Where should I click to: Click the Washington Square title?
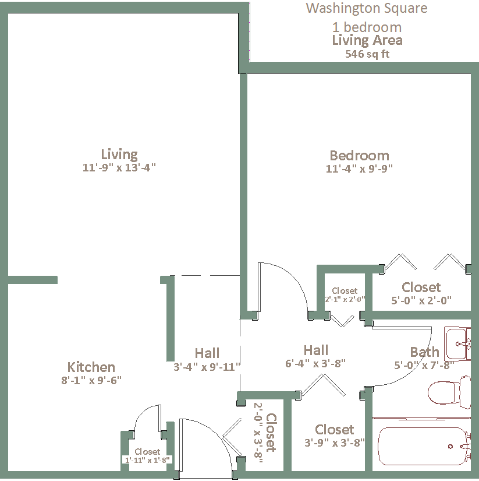pos(367,9)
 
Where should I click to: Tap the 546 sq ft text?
pos(367,54)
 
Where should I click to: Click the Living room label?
pos(119,155)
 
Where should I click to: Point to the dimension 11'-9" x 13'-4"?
pos(119,168)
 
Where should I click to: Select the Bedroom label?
pos(359,156)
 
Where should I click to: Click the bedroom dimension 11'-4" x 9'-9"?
pos(359,168)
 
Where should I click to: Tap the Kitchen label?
pos(91,367)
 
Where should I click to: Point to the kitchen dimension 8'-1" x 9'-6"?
pos(91,380)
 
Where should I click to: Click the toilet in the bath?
pos(449,392)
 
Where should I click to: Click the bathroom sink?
pos(457,343)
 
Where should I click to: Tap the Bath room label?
pos(424,352)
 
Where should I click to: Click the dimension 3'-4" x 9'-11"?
pos(207,367)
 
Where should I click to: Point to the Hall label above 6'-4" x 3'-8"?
pos(316,350)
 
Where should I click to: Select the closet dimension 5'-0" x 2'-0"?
pos(421,300)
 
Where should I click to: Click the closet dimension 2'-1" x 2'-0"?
pos(345,300)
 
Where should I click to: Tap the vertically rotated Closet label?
pos(271,433)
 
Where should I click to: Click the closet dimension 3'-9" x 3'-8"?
pos(335,443)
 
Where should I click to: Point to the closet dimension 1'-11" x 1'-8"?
pos(147,460)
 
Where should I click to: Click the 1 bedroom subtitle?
pos(367,27)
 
